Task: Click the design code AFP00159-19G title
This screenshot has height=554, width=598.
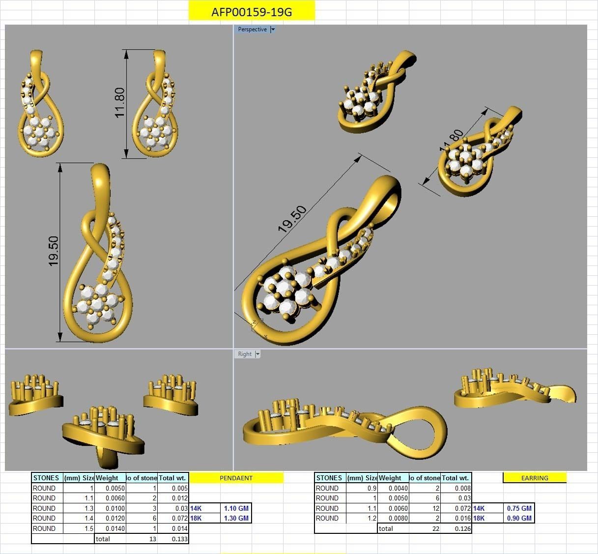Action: (x=251, y=12)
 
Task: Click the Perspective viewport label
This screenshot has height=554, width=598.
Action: (x=252, y=29)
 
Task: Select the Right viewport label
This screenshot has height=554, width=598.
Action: (x=244, y=354)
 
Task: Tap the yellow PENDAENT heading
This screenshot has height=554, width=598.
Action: (x=236, y=478)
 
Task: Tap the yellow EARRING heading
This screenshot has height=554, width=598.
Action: (x=535, y=478)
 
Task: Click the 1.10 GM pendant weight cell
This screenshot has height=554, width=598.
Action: (x=236, y=508)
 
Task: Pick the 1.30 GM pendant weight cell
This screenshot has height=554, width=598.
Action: (x=236, y=518)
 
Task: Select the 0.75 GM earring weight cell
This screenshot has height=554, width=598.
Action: (x=519, y=508)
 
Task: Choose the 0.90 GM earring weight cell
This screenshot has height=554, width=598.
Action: (x=519, y=518)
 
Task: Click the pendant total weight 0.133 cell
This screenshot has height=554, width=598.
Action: (x=173, y=539)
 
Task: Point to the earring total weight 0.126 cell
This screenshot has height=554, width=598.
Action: (x=456, y=529)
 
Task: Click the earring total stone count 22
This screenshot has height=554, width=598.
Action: (x=425, y=529)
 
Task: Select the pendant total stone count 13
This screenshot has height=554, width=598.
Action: (x=142, y=539)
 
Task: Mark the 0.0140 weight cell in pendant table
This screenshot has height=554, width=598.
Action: (x=111, y=528)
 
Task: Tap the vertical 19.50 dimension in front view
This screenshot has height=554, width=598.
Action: (x=54, y=251)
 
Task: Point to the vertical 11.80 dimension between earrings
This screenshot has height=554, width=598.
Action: (x=120, y=103)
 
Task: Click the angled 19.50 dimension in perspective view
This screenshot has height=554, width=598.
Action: (x=292, y=219)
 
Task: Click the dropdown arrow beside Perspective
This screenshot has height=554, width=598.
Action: (x=273, y=29)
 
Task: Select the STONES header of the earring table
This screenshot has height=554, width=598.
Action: (x=330, y=478)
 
